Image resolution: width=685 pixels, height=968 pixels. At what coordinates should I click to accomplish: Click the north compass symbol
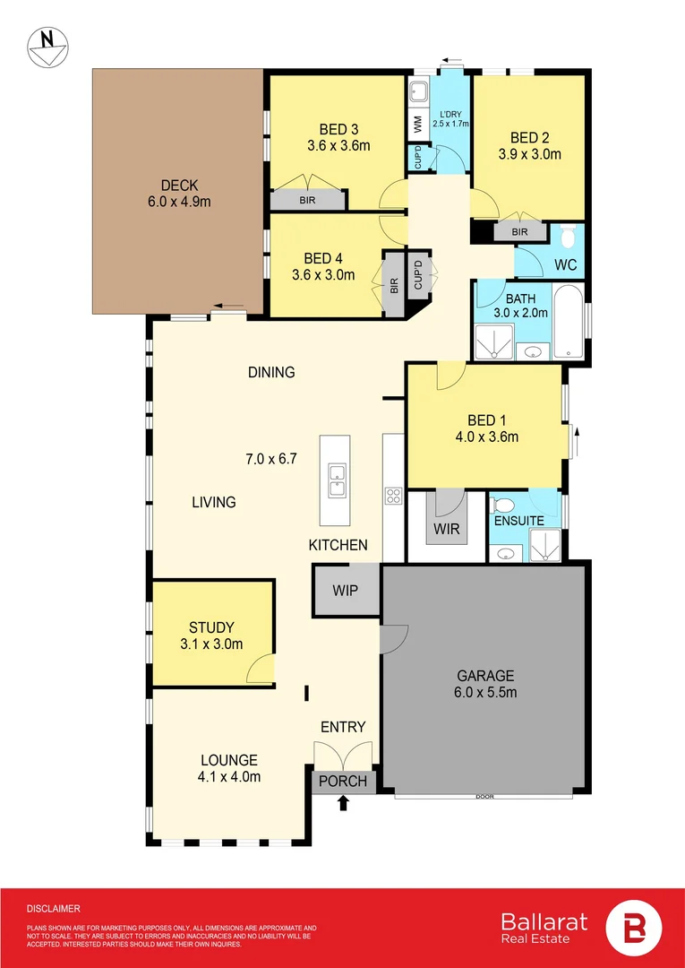(x=48, y=47)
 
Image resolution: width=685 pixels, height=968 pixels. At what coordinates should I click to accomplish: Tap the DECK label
(x=179, y=185)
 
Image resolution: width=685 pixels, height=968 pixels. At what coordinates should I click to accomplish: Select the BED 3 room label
(x=339, y=130)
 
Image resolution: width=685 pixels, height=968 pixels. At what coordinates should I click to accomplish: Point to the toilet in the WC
(x=568, y=237)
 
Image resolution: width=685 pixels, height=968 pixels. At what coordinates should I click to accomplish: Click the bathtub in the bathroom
(x=568, y=320)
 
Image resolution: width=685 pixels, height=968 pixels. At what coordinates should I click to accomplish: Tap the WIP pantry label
(x=346, y=590)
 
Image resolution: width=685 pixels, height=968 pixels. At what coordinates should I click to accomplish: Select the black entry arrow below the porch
(x=344, y=802)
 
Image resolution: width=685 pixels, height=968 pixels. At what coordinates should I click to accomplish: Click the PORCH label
(x=344, y=781)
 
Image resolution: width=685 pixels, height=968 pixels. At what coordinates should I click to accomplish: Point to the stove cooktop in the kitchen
(x=393, y=495)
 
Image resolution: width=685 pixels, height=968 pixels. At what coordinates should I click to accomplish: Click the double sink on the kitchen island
(x=336, y=480)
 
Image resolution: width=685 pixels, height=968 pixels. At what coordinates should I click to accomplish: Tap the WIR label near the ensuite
(x=447, y=530)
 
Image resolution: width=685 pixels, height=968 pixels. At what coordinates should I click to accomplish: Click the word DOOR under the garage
(x=485, y=797)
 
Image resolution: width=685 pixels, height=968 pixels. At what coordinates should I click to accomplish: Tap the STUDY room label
(x=211, y=627)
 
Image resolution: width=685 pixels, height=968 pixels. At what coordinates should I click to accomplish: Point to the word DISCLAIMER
(x=54, y=909)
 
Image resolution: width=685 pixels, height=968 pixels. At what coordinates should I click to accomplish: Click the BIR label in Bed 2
(x=519, y=232)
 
